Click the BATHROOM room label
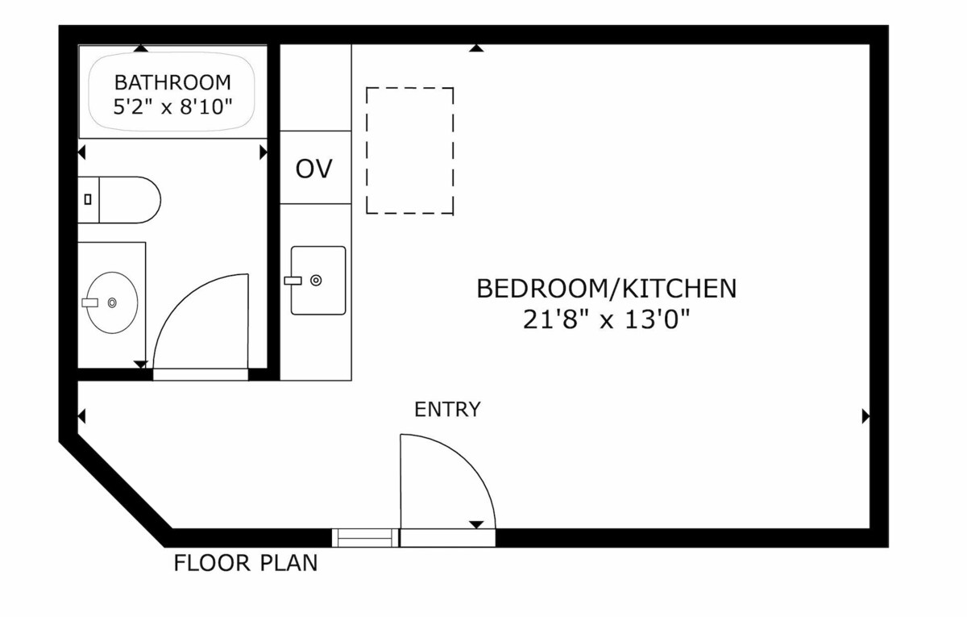tap(172, 82)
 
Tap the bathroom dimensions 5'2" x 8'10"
tap(172, 106)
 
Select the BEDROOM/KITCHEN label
tap(607, 289)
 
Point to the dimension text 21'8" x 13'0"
tap(607, 320)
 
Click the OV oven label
tap(313, 169)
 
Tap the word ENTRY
tap(447, 409)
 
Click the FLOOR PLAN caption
tap(246, 563)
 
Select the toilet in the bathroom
tap(119, 200)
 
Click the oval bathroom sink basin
tap(112, 302)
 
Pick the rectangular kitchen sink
tap(318, 281)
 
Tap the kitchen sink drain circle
tap(316, 281)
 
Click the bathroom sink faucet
tap(89, 302)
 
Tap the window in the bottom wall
tap(365, 538)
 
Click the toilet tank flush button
tap(88, 200)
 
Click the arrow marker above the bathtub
tap(141, 48)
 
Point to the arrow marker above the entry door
tap(476, 524)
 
